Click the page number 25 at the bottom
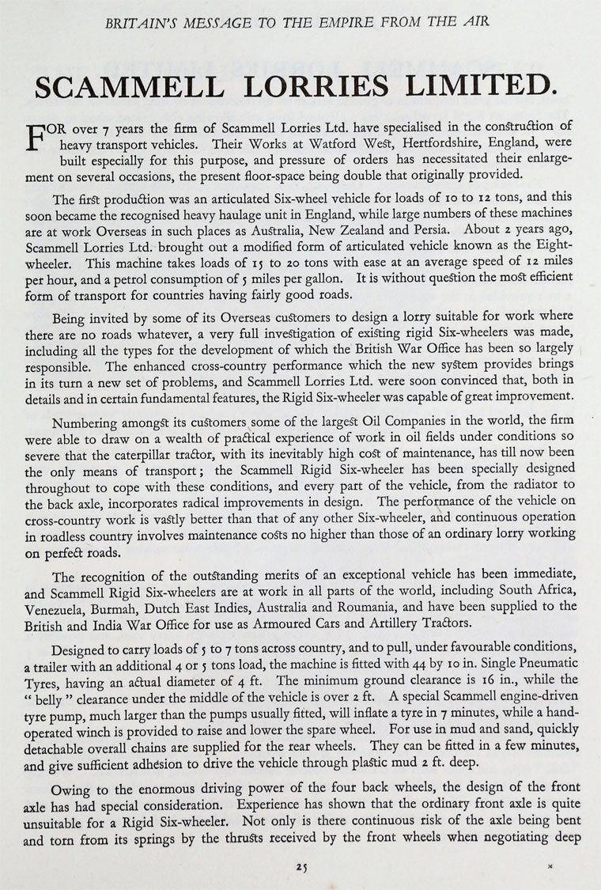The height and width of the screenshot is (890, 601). (300, 867)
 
